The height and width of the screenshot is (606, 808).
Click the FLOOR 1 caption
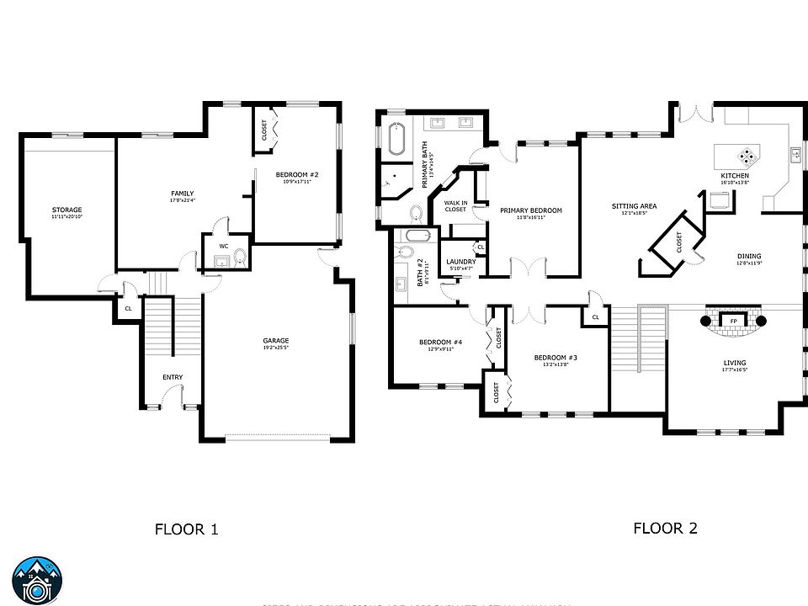click(x=187, y=529)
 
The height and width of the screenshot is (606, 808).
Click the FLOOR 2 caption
click(x=665, y=529)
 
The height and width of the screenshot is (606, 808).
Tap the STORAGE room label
click(x=66, y=210)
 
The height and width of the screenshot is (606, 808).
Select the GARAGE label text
click(x=275, y=341)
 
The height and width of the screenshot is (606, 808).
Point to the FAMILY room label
click(x=183, y=194)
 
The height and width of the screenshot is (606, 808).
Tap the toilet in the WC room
click(x=240, y=258)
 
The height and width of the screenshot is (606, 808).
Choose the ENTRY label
click(x=173, y=377)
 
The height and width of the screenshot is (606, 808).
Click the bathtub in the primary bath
click(x=396, y=140)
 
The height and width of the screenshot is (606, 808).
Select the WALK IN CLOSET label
click(x=455, y=206)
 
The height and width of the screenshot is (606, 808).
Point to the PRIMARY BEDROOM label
click(x=530, y=210)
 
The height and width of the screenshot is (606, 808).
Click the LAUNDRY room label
click(x=461, y=262)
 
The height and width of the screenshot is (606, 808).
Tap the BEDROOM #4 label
click(x=441, y=342)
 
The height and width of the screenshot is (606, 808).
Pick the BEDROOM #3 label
click(x=555, y=358)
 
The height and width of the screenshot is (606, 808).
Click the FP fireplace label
click(x=734, y=321)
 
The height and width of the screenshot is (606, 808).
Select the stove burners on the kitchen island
click(x=747, y=155)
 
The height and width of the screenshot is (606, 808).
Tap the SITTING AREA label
click(x=634, y=206)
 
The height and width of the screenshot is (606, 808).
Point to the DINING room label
click(x=749, y=257)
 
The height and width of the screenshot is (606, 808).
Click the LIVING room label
click(x=734, y=363)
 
